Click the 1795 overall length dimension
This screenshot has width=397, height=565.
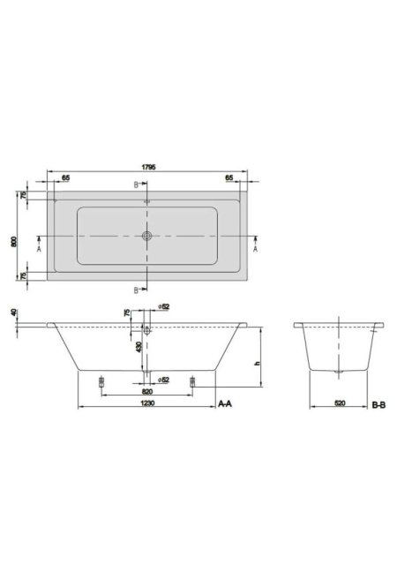pyautogui.click(x=148, y=167)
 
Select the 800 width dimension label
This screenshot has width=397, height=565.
pyautogui.click(x=14, y=241)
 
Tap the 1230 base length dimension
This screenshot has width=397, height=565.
pyautogui.click(x=147, y=403)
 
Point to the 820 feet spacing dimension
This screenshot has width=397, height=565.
pyautogui.click(x=147, y=391)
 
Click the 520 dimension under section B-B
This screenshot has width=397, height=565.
pyautogui.click(x=340, y=403)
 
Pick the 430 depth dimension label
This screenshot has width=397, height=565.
pyautogui.click(x=139, y=347)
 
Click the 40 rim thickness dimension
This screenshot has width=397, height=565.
pyautogui.click(x=14, y=313)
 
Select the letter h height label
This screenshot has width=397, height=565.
pyautogui.click(x=257, y=363)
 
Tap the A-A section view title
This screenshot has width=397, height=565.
pyautogui.click(x=225, y=404)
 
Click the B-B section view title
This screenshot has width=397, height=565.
pyautogui.click(x=378, y=405)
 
